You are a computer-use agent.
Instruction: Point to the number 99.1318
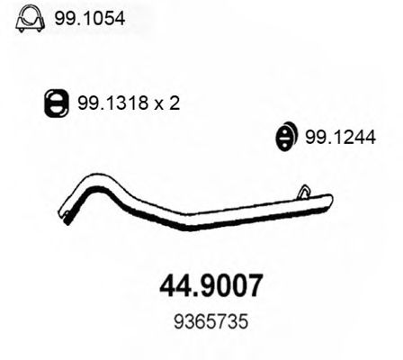coord(109,103)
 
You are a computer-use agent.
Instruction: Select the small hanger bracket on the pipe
coord(304,191)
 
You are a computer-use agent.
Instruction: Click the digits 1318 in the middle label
coord(124,103)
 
